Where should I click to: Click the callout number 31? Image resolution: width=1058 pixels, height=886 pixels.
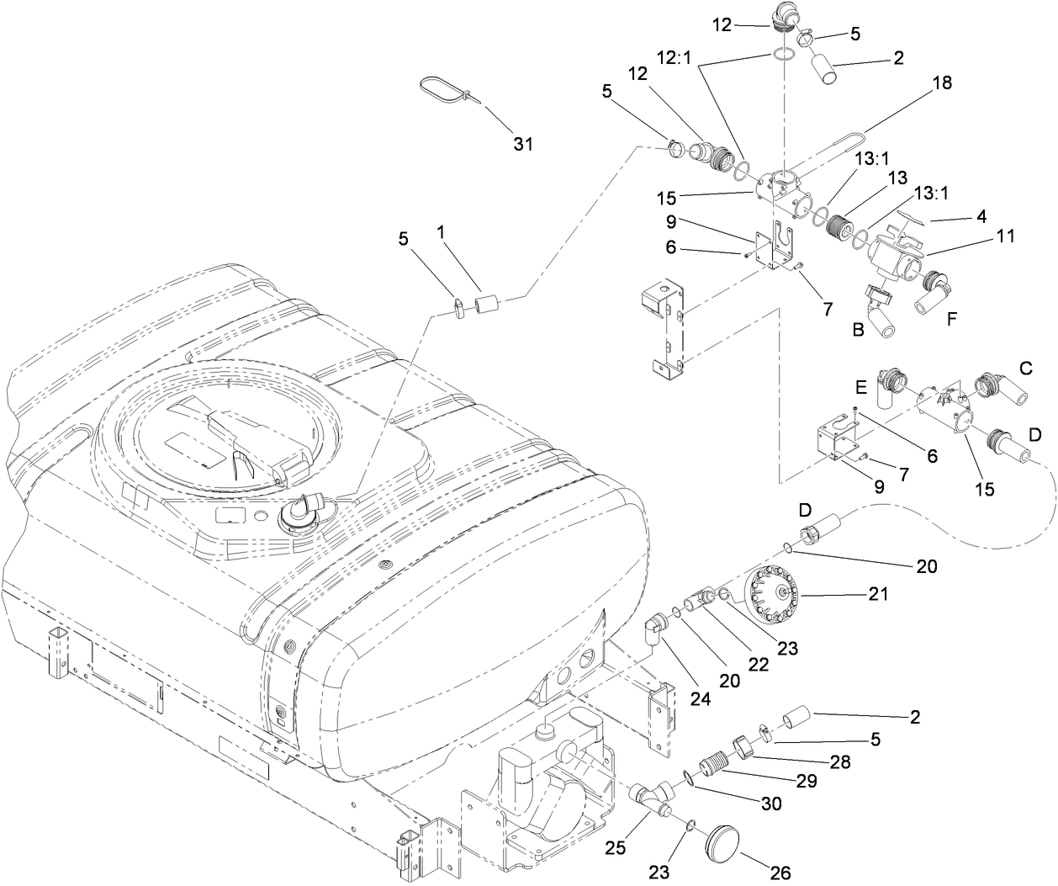pyautogui.click(x=523, y=144)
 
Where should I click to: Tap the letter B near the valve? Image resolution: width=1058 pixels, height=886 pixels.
pyautogui.click(x=858, y=331)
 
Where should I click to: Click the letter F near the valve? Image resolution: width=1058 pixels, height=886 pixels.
pyautogui.click(x=951, y=319)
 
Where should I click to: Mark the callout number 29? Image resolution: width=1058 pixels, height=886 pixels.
pyautogui.click(x=807, y=782)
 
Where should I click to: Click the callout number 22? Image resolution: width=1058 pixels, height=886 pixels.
pyautogui.click(x=759, y=664)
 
